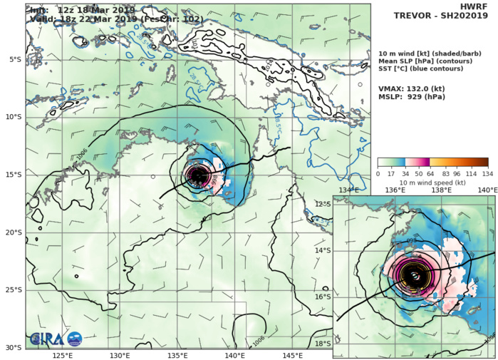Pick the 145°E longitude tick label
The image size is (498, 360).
point(293,355)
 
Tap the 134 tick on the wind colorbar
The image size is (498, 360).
point(487,173)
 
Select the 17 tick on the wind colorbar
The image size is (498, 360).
point(392,173)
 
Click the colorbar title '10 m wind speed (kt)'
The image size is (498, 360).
point(432,182)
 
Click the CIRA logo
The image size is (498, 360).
point(56,339)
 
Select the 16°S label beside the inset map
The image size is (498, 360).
point(324,297)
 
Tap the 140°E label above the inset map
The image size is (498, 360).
point(487,190)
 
